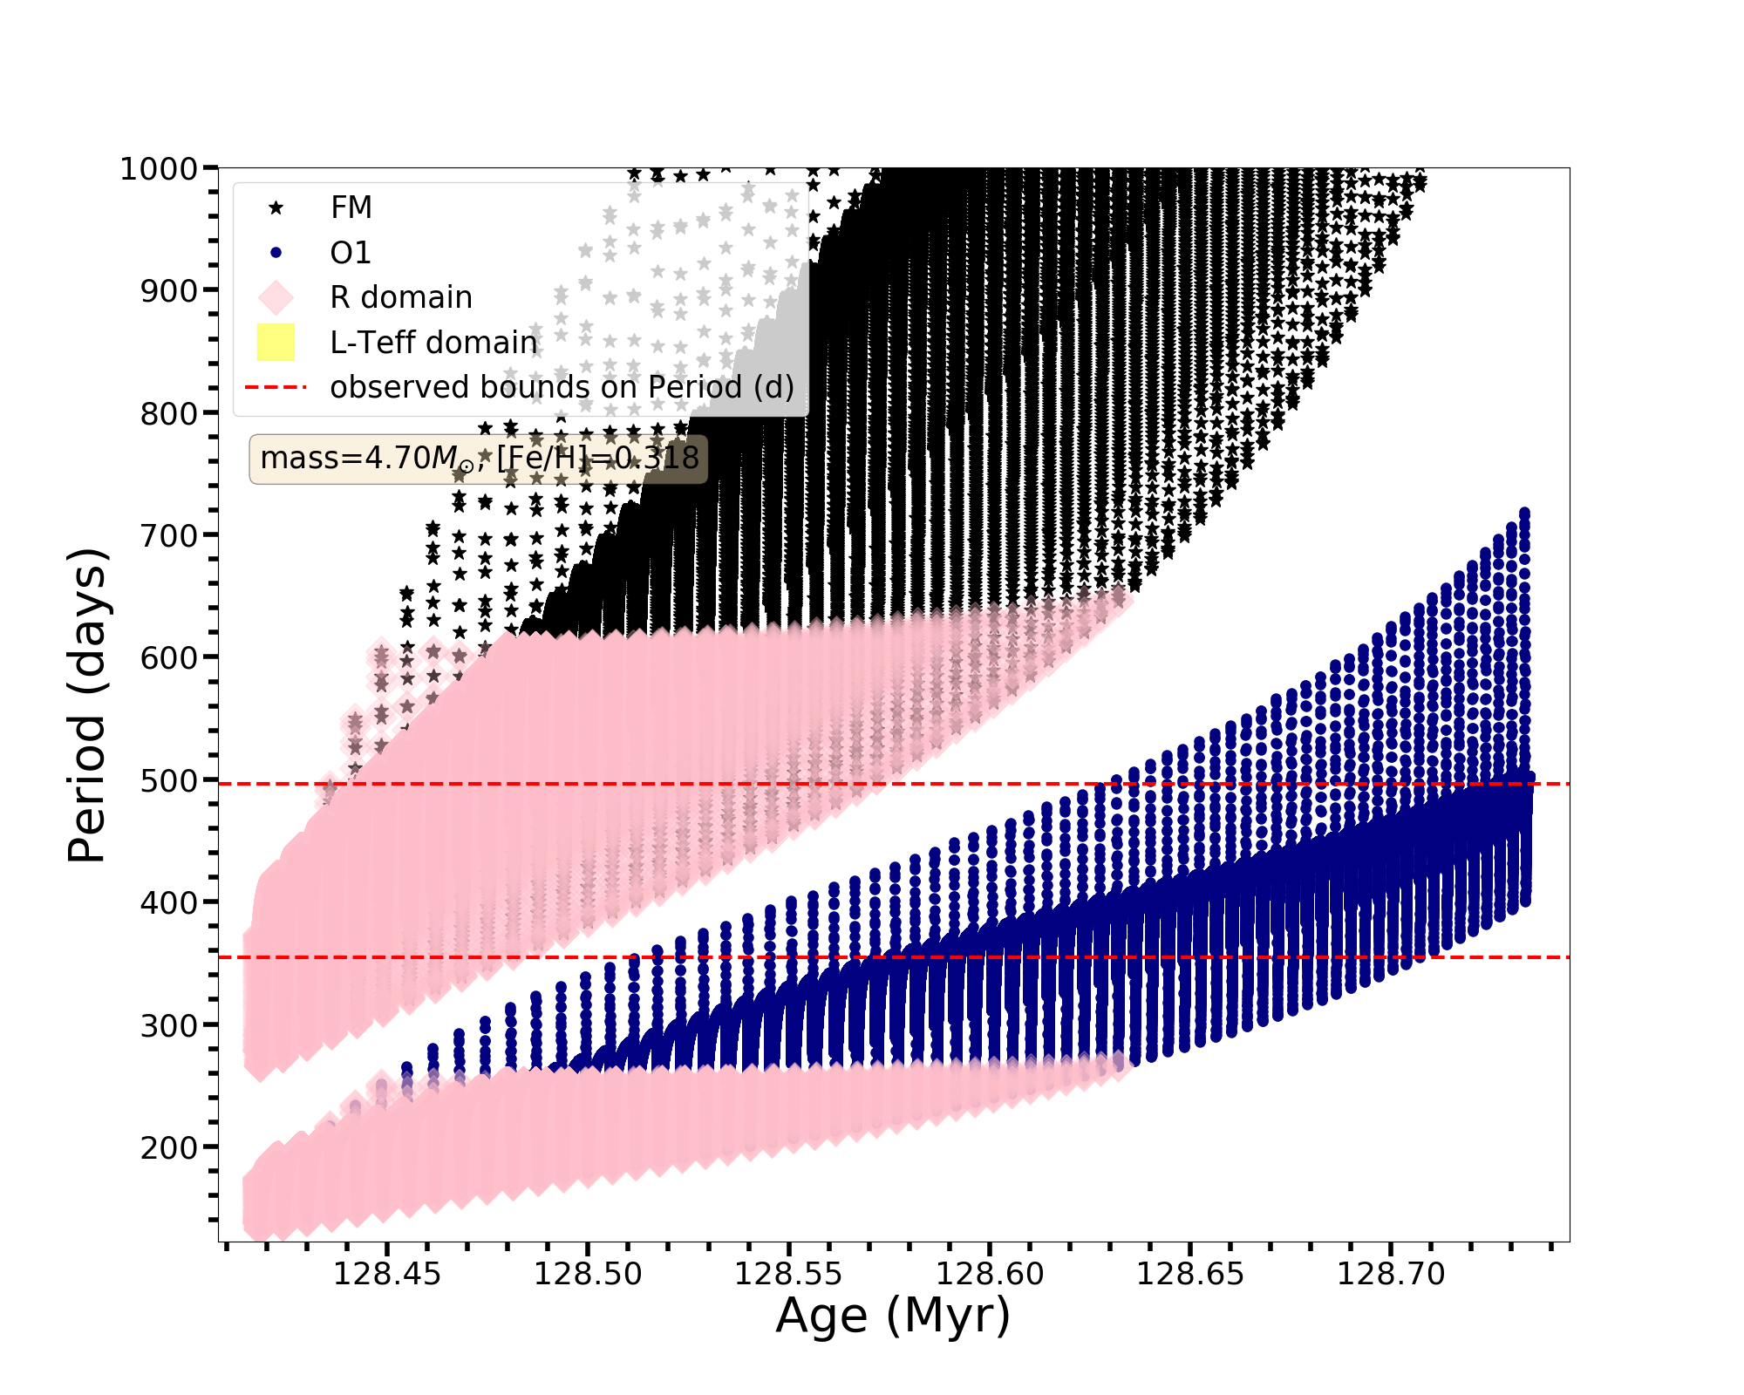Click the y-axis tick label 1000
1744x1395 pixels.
tap(158, 168)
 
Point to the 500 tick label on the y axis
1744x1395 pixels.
tap(168, 780)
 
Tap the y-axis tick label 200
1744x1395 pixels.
tap(168, 1147)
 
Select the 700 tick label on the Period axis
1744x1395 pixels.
tap(168, 535)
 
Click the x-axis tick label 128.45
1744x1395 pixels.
tap(387, 1274)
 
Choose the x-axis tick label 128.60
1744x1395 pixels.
tap(990, 1274)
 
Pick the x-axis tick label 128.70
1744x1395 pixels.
tap(1391, 1274)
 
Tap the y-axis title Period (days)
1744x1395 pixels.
tap(87, 705)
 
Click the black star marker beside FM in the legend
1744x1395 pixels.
tap(276, 208)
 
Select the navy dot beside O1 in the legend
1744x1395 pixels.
tap(276, 253)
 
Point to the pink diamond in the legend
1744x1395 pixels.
tap(276, 297)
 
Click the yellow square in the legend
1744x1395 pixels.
tap(276, 343)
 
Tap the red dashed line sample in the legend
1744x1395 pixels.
tap(276, 387)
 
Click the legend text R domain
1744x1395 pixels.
tap(401, 297)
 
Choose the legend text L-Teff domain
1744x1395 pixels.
tap(433, 343)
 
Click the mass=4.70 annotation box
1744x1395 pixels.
tap(479, 458)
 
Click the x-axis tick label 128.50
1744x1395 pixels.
tap(588, 1274)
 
